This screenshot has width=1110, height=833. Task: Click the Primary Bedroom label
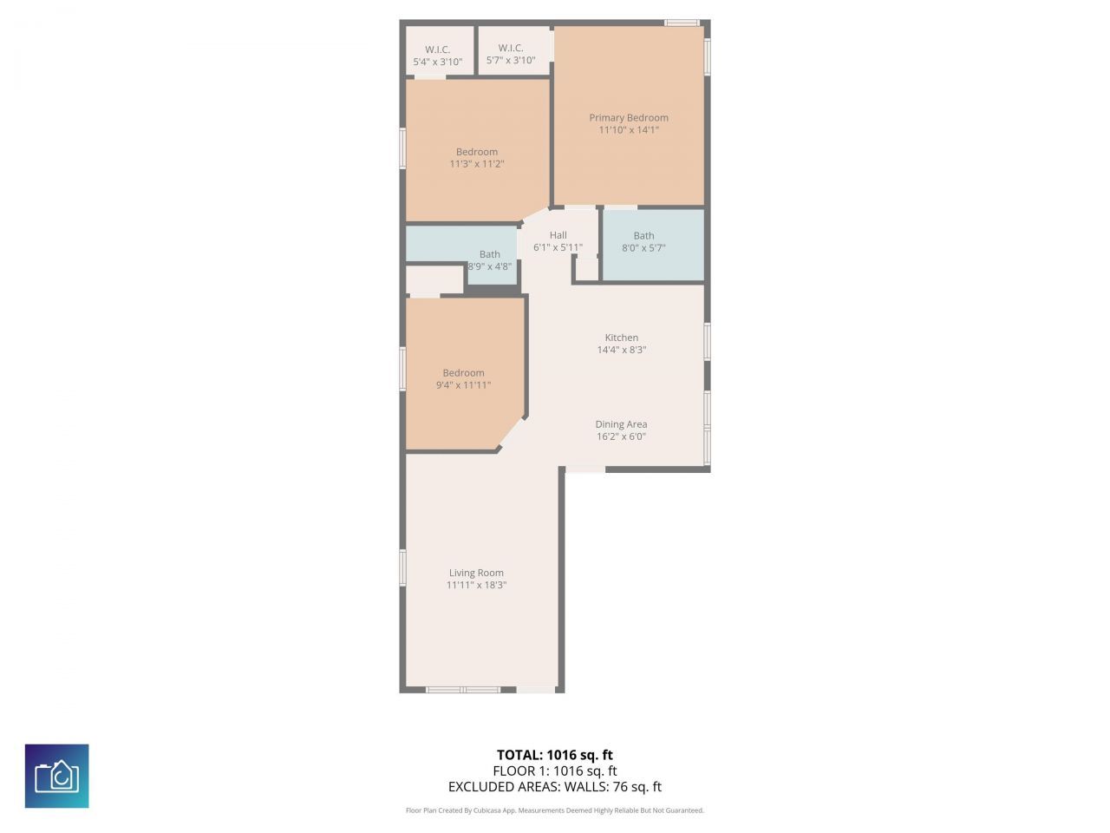click(x=629, y=118)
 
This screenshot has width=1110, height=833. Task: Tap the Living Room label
click(x=476, y=573)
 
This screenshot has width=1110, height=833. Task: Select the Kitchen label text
click(x=622, y=338)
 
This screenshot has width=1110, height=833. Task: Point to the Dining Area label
click(x=621, y=424)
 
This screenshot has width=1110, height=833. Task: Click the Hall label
click(x=558, y=235)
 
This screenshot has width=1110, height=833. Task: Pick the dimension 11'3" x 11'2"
click(x=477, y=164)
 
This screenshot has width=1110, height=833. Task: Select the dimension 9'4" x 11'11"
click(x=463, y=385)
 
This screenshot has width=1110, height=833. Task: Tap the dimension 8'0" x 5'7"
click(x=643, y=248)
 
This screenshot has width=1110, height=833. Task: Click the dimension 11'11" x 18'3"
click(x=476, y=586)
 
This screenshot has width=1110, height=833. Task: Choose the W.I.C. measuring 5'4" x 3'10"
click(x=438, y=56)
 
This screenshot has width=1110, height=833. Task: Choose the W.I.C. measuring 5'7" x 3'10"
click(x=511, y=54)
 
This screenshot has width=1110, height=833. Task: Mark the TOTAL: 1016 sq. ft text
click(x=555, y=755)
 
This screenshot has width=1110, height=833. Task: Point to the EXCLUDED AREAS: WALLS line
click(x=555, y=787)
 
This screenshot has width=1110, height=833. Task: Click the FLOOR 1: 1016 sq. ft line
click(x=555, y=771)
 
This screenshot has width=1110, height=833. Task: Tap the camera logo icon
click(x=57, y=776)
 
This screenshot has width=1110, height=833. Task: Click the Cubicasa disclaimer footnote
click(x=555, y=810)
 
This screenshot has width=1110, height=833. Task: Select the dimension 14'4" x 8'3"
click(x=622, y=351)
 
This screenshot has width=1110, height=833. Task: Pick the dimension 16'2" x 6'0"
click(x=621, y=437)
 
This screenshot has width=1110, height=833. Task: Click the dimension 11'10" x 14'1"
click(x=629, y=130)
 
